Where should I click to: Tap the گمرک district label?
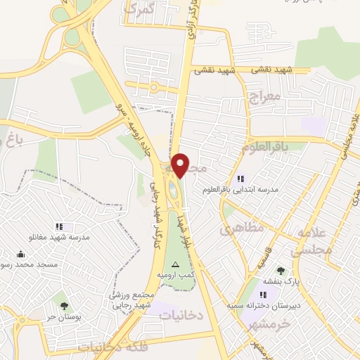[138, 9]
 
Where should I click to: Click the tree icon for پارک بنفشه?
[281, 271]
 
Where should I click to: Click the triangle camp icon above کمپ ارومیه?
[176, 263]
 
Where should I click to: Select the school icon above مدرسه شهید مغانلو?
[60, 226]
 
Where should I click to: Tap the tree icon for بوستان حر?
[65, 307]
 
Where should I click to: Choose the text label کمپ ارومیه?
[175, 273]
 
